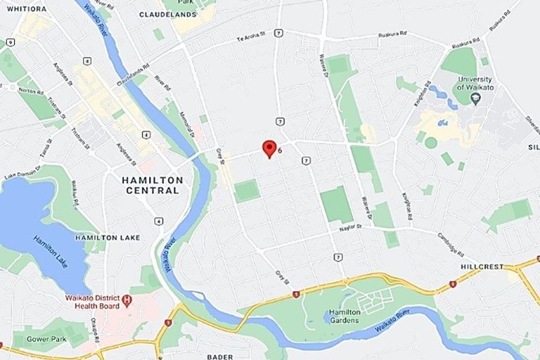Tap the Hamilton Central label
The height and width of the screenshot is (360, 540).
pyautogui.click(x=153, y=185)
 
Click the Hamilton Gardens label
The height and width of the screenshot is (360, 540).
pyautogui.click(x=345, y=316)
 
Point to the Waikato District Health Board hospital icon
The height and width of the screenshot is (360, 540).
pyautogui.click(x=127, y=300)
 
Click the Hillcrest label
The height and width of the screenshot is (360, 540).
pyautogui.click(x=482, y=268)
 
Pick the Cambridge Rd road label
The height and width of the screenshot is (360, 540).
pyautogui.click(x=451, y=244)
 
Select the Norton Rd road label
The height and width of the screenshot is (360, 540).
pyautogui.click(x=30, y=91)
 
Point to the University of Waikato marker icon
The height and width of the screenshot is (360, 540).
pyautogui.click(x=475, y=98)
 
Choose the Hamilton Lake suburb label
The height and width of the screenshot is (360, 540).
pyautogui.click(x=108, y=238)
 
